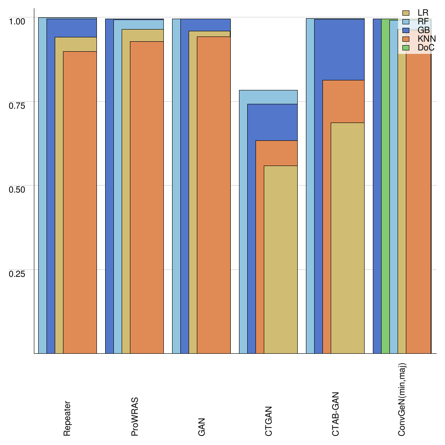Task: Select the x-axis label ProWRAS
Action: pos(135,415)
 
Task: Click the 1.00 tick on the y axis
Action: pos(18,21)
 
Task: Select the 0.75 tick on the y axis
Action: pos(18,105)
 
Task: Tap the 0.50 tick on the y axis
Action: pos(18,189)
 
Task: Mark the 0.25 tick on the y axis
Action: pos(18,273)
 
